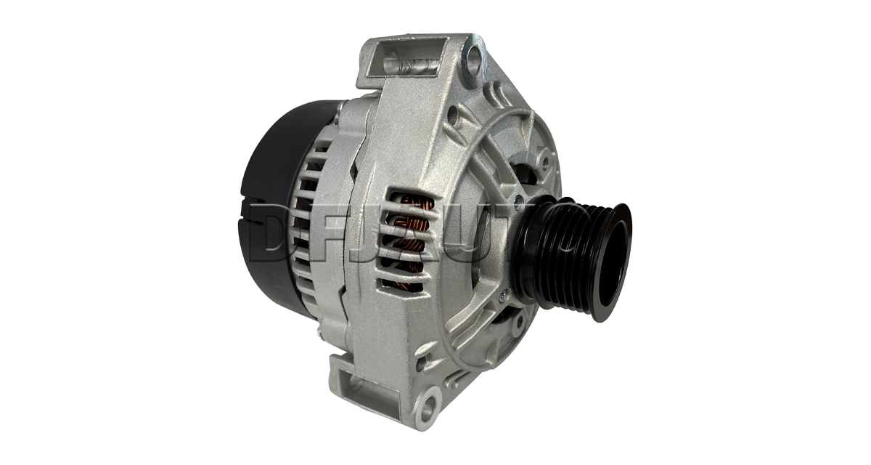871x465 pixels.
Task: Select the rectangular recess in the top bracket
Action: [x=409, y=60]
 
